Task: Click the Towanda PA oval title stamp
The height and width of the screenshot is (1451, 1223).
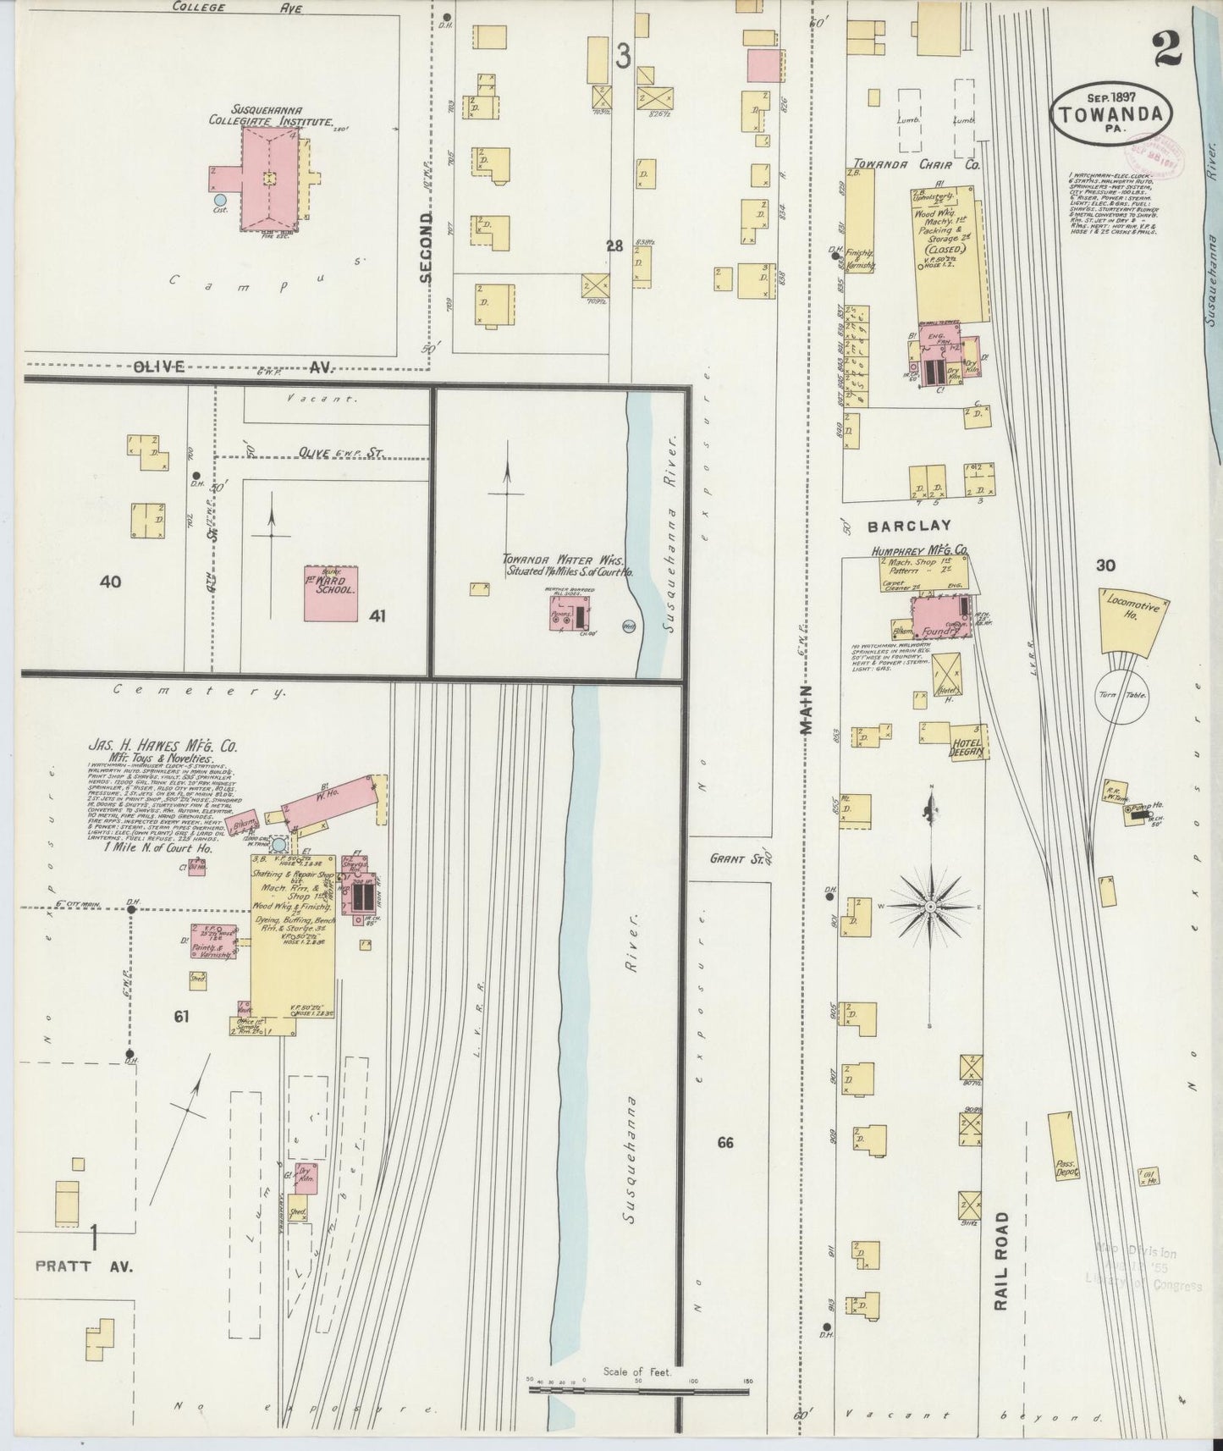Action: point(1112,113)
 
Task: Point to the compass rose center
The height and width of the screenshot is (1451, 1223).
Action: point(931,907)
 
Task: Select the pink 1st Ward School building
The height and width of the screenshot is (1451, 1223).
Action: point(331,593)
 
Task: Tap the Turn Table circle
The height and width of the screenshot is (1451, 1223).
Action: point(1121,696)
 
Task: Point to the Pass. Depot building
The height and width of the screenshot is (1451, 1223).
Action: point(1063,1146)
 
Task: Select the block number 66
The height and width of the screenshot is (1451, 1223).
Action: point(724,1143)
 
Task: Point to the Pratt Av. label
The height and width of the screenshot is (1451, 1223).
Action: point(85,1267)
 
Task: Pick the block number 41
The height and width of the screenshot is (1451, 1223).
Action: point(377,616)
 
